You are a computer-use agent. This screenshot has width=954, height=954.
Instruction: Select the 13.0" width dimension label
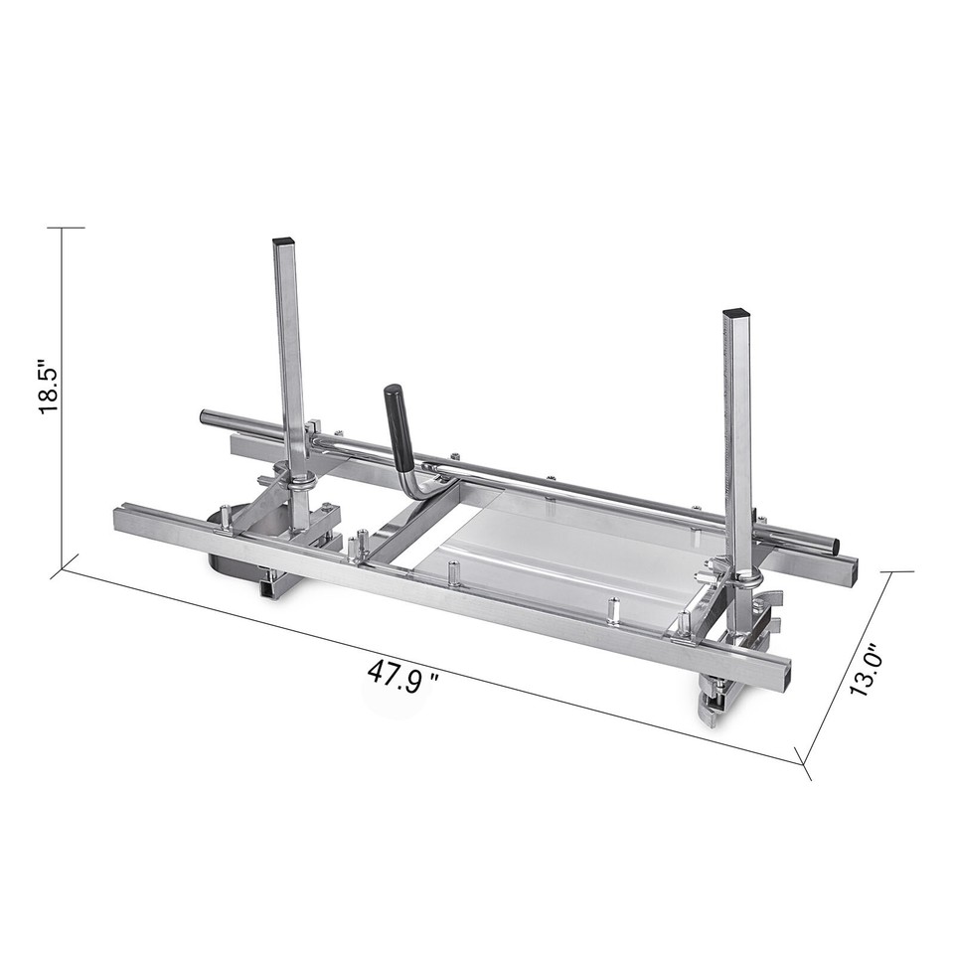pyautogui.click(x=867, y=672)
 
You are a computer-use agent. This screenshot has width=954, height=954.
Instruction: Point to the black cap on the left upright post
pyautogui.click(x=283, y=241)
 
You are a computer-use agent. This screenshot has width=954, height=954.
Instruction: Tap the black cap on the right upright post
pyautogui.click(x=735, y=313)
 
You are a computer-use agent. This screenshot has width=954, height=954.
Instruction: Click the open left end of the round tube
pyautogui.click(x=205, y=416)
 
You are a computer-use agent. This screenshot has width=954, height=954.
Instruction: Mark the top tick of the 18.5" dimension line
pyautogui.click(x=65, y=228)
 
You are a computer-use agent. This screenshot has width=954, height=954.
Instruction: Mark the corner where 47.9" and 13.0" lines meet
pyautogui.click(x=803, y=763)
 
